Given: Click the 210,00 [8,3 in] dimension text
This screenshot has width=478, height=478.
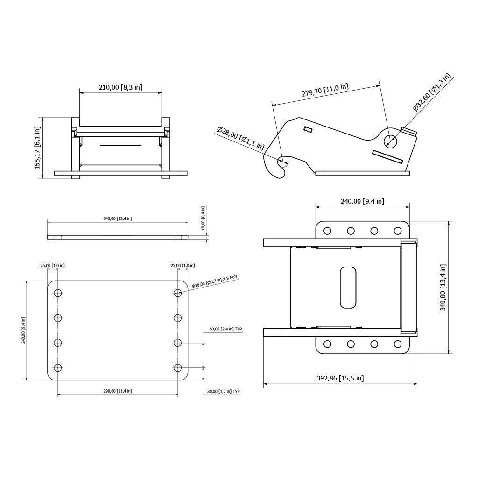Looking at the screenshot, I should pos(120,87).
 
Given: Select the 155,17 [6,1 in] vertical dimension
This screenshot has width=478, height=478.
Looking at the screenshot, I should pos(38,148).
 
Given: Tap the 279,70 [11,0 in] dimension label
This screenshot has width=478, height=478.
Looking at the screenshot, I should pos(325,90).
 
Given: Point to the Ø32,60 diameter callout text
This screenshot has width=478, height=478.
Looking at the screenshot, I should pos(432,92).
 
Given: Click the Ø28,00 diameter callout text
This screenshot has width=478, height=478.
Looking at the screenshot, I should pos(240,139).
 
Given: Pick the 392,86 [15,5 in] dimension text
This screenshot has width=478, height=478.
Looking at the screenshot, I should pos(340,378).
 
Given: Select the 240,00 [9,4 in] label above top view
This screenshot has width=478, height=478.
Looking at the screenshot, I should pos(362,201).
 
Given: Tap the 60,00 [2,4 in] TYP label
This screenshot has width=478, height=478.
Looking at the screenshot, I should pos(225,329).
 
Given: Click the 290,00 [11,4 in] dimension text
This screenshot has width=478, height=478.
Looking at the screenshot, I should pos(118,391).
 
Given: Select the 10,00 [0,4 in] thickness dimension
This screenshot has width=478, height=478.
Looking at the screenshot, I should pos(203,218).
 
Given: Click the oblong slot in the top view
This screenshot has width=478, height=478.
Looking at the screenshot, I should pos(348,288).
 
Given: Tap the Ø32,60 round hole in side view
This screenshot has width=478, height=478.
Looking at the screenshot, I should pos(389,140).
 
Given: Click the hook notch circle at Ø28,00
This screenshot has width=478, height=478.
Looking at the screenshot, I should pos(283,161).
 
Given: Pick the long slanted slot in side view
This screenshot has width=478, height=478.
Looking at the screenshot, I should pos(387,156).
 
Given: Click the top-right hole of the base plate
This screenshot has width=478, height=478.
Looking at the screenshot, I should pos(177,293).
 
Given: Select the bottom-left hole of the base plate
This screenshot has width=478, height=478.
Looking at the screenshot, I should pos(58,367).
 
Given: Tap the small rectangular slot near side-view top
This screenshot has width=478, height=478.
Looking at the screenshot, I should pos(308,129).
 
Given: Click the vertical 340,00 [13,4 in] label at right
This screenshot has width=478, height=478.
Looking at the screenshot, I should pos(443,287).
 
